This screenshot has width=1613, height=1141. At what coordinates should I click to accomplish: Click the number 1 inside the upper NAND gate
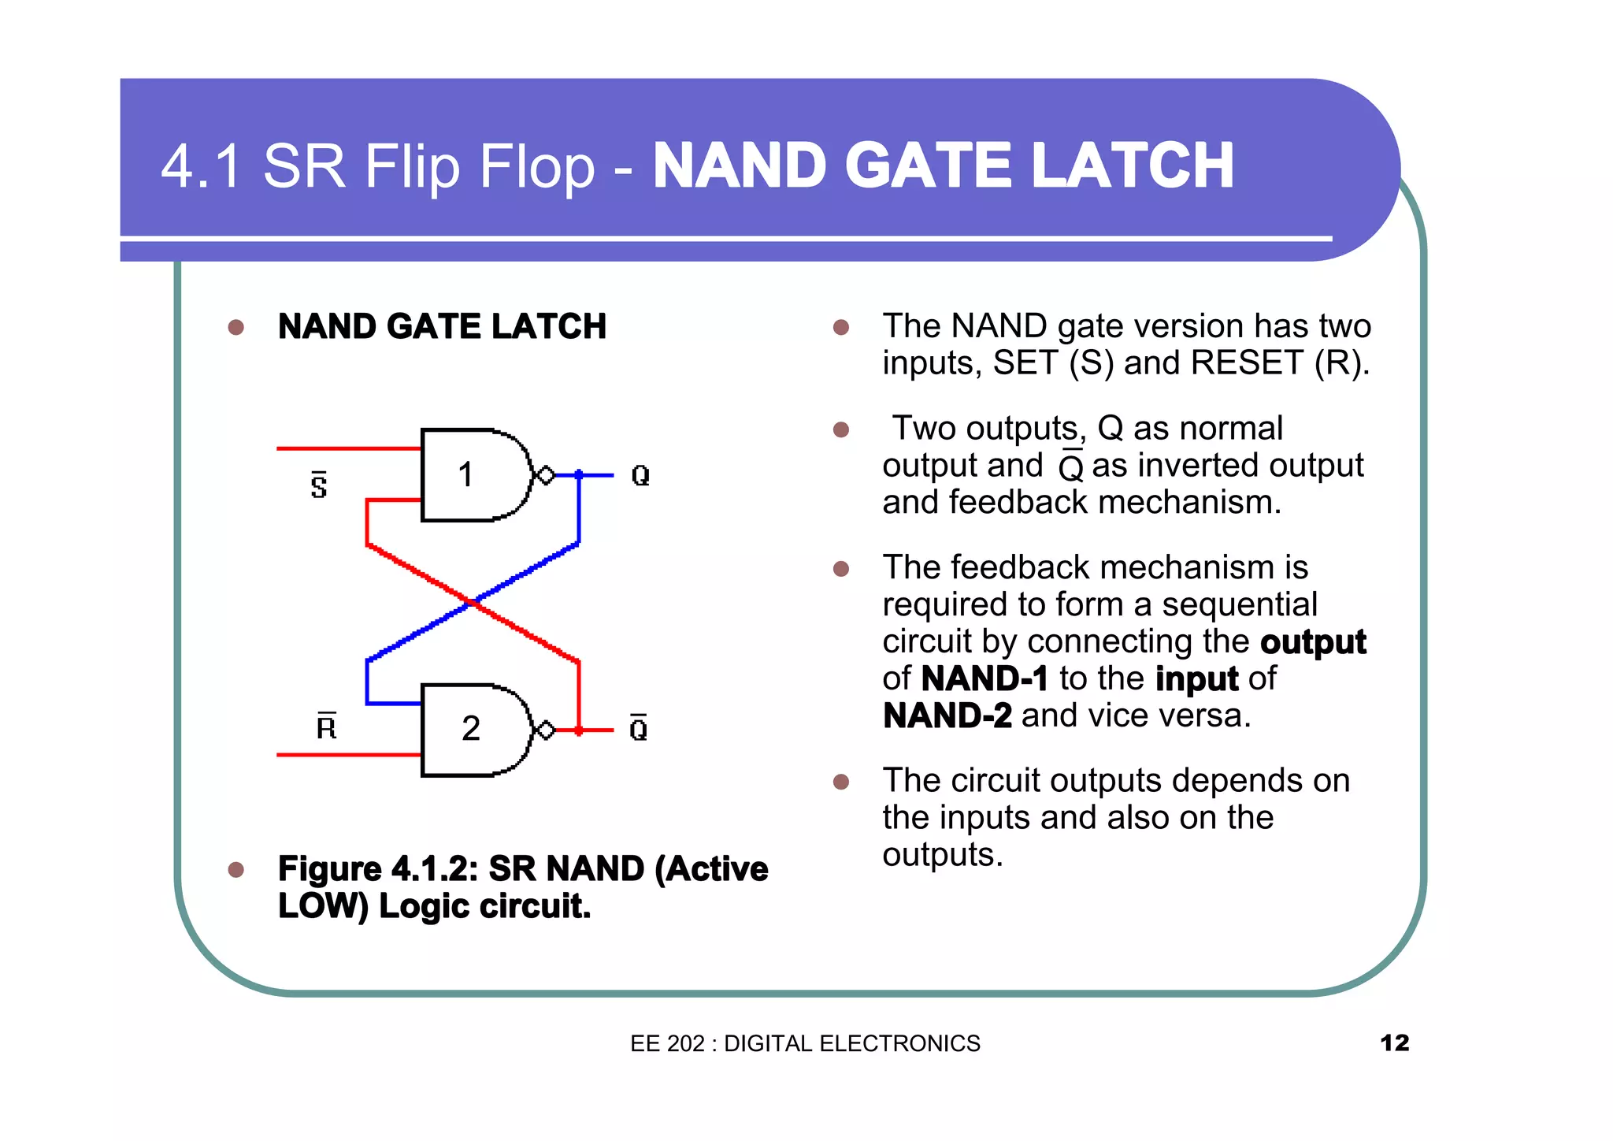point(465,475)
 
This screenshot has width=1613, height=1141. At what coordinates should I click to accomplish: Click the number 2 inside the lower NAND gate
point(470,729)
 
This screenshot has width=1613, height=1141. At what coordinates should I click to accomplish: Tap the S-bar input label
point(318,485)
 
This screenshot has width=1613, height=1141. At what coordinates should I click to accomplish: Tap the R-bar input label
point(326,726)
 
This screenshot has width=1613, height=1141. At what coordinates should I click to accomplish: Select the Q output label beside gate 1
point(640,475)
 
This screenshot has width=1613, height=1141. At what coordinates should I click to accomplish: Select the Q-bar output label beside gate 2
point(639,729)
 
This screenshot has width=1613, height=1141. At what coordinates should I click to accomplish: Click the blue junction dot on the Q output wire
point(579,474)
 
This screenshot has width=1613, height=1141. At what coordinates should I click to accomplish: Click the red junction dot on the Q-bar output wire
point(579,730)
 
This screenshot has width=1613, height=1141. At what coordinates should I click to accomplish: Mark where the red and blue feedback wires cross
point(473,603)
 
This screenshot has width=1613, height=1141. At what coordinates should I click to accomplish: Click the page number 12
point(1394,1043)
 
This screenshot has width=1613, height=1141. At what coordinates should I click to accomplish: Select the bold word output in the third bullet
point(1312,642)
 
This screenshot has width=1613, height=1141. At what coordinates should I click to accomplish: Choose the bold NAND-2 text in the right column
point(947,715)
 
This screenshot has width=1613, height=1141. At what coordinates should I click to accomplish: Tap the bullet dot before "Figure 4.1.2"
point(235,869)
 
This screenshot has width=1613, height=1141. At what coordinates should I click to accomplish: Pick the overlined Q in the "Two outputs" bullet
point(1071,466)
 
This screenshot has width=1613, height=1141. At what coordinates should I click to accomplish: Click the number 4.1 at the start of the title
point(200,166)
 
